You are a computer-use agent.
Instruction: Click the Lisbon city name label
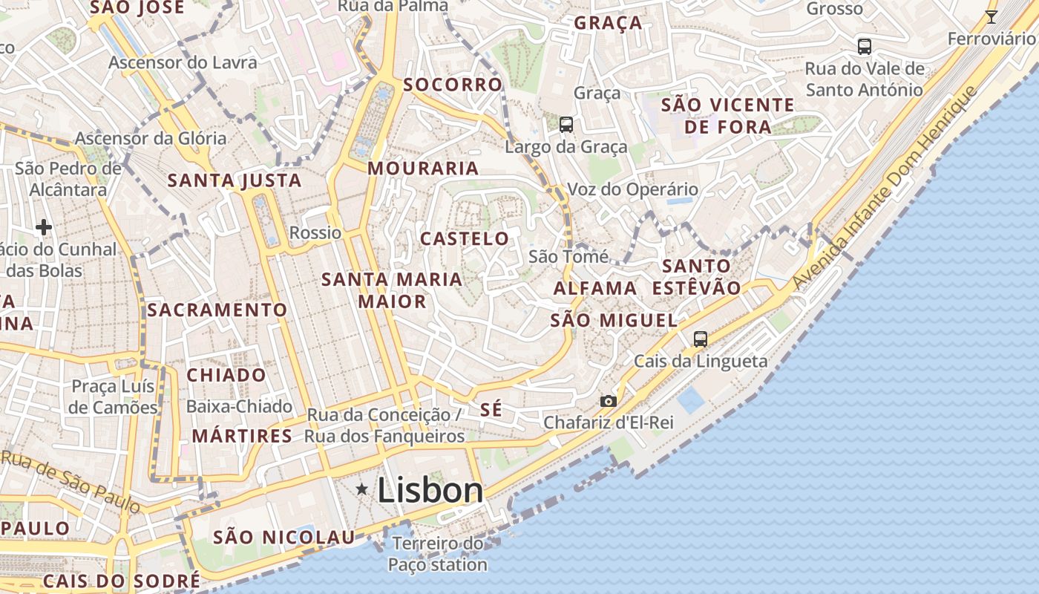coord(430,490)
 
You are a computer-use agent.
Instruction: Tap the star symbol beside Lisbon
coord(362,489)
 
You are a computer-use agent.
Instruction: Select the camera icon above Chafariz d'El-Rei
coord(608,401)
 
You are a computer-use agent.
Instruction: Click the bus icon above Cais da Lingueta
coord(700,339)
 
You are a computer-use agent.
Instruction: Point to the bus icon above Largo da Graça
coord(566,124)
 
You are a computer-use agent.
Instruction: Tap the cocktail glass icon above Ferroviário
coord(991,16)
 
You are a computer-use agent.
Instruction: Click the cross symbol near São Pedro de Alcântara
coord(44,226)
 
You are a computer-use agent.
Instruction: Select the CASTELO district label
coord(465,239)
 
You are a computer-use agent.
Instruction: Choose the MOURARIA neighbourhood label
coord(423,169)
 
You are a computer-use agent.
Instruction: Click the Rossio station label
coord(315,233)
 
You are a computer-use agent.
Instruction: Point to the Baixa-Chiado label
coord(239,407)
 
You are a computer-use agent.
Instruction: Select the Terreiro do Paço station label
coord(437,554)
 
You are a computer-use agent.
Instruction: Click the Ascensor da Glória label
coord(151,138)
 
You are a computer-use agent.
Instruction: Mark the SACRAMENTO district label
coord(217,310)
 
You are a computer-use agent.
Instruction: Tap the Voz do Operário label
coord(632,189)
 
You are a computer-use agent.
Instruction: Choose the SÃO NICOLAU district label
coord(284,537)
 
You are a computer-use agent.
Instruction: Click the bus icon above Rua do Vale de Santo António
coord(864,46)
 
